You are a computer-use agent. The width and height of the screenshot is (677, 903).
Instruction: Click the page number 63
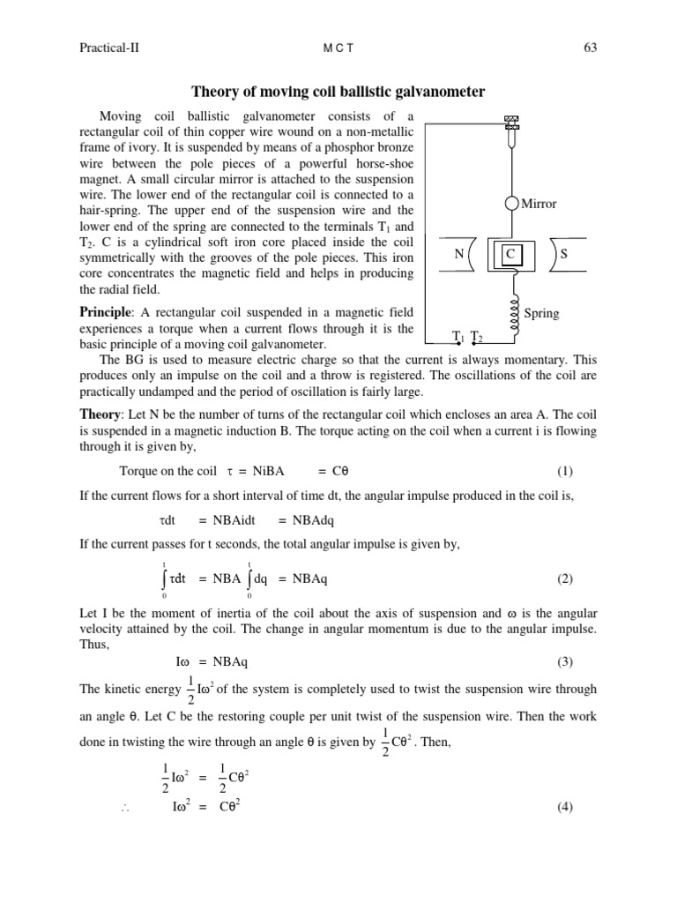(x=590, y=48)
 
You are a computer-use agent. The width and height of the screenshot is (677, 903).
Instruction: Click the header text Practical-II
(x=111, y=48)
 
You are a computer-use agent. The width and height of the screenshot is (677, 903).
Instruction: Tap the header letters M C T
(x=338, y=49)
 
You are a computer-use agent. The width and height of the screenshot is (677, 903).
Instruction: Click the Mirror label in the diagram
(x=539, y=204)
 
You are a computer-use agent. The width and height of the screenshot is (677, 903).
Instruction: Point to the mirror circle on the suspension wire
(x=511, y=204)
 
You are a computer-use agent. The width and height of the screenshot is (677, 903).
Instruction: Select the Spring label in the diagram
(x=541, y=313)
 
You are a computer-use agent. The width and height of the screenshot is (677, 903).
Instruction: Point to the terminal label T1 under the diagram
(x=458, y=337)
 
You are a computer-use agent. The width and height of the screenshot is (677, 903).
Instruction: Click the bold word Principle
(x=105, y=313)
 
